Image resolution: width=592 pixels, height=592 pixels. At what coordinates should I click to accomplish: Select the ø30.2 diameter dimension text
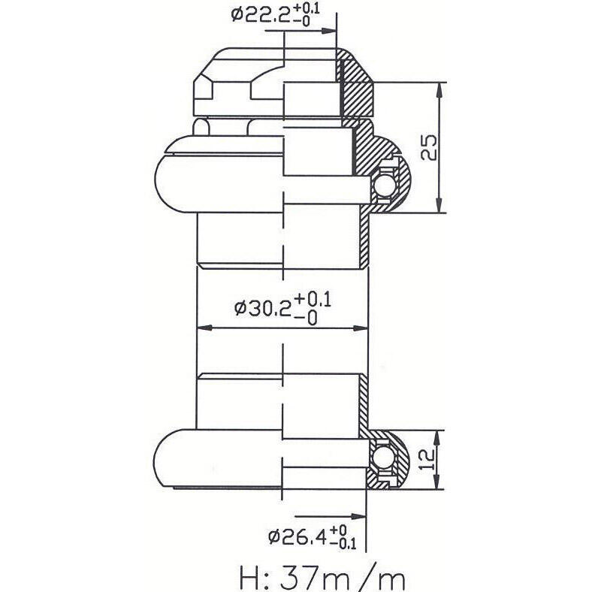point(282,309)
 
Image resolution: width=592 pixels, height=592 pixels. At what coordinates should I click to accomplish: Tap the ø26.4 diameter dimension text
point(312,536)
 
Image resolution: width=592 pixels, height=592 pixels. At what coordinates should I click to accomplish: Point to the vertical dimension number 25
point(429,147)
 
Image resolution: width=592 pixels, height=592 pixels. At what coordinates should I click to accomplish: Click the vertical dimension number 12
point(427,460)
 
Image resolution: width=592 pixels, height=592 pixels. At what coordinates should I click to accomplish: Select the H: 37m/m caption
point(322,577)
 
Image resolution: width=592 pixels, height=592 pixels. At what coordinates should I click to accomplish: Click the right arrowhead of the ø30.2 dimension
point(360,328)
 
